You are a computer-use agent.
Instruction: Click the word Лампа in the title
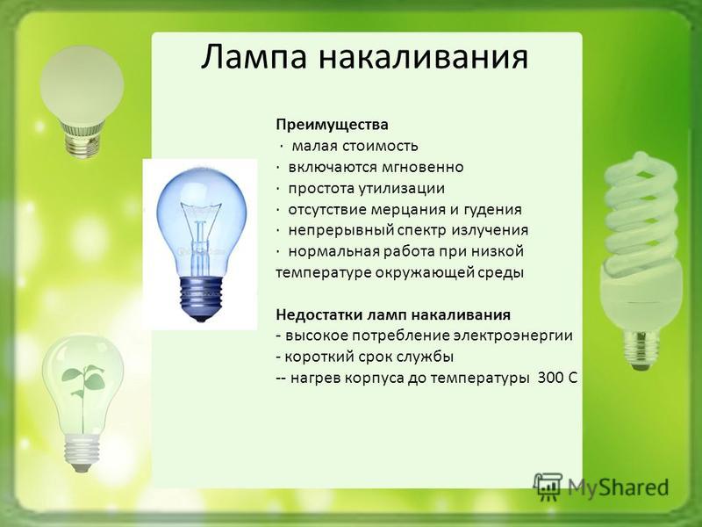click(x=254, y=56)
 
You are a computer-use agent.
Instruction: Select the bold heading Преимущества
click(x=332, y=125)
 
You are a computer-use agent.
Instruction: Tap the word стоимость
click(x=380, y=146)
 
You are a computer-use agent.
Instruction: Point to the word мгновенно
click(x=423, y=167)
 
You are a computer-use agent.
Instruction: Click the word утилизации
click(x=401, y=188)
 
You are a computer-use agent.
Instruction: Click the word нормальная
click(x=333, y=251)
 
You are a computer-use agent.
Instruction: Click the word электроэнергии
click(x=512, y=336)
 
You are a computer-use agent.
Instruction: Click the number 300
click(x=551, y=379)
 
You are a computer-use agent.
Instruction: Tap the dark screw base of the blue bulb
click(x=201, y=298)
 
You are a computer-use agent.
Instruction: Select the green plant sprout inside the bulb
click(x=83, y=390)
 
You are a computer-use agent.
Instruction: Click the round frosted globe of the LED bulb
click(x=82, y=86)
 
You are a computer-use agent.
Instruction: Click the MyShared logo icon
click(x=547, y=487)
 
